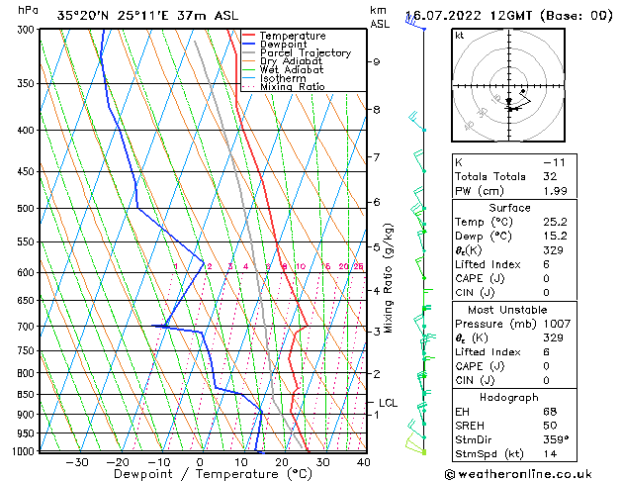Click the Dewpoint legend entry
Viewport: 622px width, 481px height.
tap(293, 45)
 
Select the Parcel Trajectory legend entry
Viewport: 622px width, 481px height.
tap(305, 53)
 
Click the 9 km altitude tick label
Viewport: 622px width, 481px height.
tap(377, 61)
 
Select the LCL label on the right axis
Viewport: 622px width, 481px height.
tap(389, 403)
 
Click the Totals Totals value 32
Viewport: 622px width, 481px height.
tap(551, 176)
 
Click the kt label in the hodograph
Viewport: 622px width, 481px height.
tap(460, 36)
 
